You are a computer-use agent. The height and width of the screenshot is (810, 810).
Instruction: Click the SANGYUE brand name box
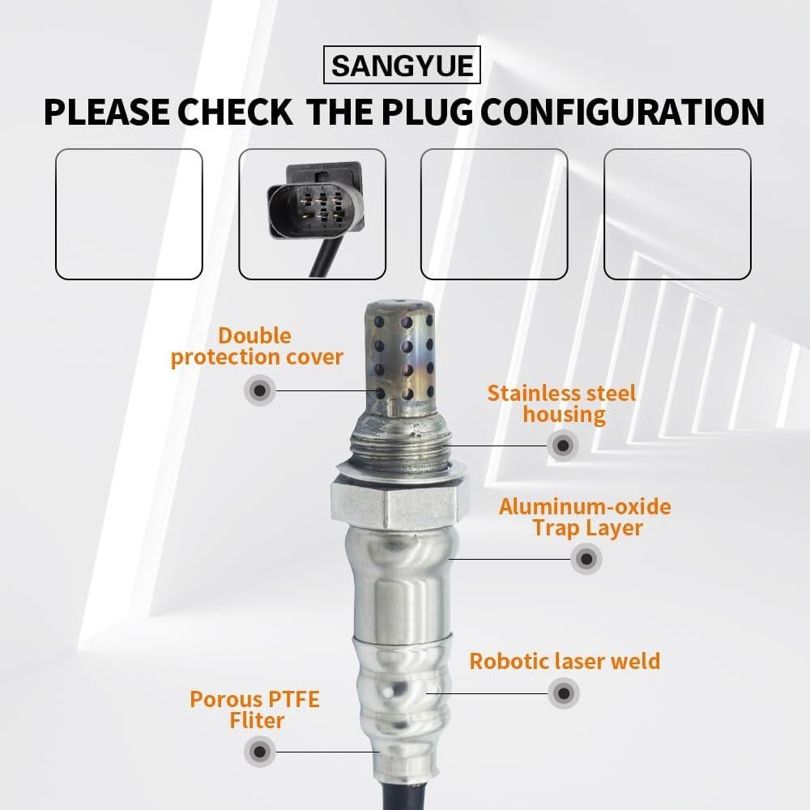(x=403, y=65)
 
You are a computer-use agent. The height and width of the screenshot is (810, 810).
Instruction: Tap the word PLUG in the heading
(x=422, y=112)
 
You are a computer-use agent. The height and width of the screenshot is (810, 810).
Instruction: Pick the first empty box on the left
(x=129, y=214)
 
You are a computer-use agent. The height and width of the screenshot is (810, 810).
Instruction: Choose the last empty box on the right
(x=678, y=214)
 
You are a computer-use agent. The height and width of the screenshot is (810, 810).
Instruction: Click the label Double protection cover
(x=257, y=347)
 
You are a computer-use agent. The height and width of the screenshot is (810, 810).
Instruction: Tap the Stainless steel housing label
(x=562, y=404)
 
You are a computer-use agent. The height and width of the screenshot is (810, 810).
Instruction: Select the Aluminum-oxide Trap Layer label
(x=585, y=518)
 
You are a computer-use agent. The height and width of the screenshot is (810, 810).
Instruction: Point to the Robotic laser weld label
(x=565, y=661)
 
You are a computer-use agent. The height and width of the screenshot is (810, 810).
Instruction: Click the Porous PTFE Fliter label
(x=255, y=709)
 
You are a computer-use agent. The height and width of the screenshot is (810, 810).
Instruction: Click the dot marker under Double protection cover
(x=259, y=391)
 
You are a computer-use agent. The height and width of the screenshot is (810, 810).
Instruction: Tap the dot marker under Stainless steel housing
(x=562, y=444)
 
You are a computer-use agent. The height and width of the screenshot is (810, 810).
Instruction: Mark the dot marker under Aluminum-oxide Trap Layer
(x=586, y=558)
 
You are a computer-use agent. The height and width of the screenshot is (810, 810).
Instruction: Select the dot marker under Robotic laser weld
(x=564, y=693)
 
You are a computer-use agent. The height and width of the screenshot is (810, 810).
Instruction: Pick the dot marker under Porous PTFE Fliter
(x=260, y=751)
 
